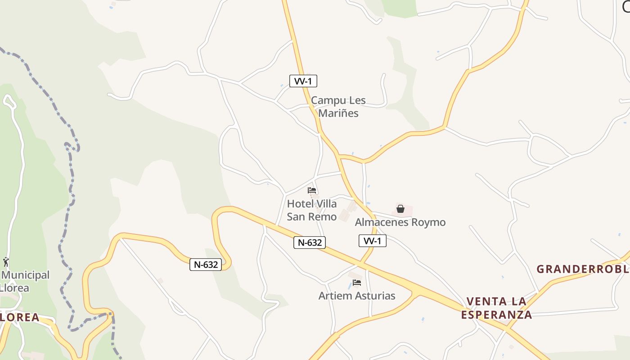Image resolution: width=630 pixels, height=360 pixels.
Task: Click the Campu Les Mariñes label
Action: tap(338, 107)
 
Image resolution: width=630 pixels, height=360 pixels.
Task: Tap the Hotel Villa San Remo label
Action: tap(312, 210)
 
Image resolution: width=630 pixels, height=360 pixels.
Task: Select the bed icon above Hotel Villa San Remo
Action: tap(312, 190)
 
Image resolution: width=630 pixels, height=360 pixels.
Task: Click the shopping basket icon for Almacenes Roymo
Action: tap(400, 209)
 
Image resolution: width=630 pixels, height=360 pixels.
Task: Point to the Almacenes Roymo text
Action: tap(400, 222)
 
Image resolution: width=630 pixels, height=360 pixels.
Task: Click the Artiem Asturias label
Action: tap(357, 296)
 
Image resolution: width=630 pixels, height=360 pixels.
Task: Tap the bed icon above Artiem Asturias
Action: tap(357, 283)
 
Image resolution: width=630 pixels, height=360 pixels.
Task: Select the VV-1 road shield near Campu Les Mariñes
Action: tap(303, 81)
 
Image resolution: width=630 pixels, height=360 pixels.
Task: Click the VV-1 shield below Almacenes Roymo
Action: tap(373, 241)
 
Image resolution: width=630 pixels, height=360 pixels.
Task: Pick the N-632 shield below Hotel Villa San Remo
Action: tap(310, 243)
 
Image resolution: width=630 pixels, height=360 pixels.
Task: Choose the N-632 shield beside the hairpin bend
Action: tap(206, 265)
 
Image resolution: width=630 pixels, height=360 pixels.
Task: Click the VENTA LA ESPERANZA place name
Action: tap(496, 308)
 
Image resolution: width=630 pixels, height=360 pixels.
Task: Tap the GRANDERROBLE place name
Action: tap(583, 269)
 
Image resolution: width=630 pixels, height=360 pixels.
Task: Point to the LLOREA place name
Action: tap(20, 317)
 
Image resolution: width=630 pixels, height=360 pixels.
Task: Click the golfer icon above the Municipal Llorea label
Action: tap(6, 262)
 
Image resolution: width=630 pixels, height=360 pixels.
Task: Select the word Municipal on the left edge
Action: tap(26, 275)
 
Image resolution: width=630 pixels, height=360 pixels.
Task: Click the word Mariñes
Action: tap(338, 113)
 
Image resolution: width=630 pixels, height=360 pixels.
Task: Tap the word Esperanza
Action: tap(496, 315)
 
